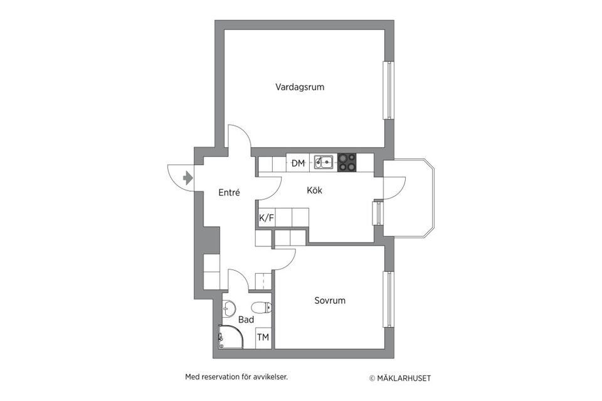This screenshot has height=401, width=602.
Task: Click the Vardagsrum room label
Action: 300,87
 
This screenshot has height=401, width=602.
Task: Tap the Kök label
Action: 314,190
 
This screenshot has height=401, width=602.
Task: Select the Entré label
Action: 229,193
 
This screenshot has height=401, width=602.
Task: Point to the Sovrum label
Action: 330,301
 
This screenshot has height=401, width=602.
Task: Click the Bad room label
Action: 246,320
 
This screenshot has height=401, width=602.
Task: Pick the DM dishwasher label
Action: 298,164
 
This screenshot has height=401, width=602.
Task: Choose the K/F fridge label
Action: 267,218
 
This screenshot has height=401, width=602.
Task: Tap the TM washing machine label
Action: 263,338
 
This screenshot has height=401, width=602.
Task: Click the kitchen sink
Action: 324,163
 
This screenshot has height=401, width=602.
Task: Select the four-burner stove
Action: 347,162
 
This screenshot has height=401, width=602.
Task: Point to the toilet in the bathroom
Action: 261,307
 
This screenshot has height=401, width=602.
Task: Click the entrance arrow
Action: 187,178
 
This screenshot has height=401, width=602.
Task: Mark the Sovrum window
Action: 389,299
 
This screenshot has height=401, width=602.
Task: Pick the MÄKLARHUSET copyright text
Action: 400,378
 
